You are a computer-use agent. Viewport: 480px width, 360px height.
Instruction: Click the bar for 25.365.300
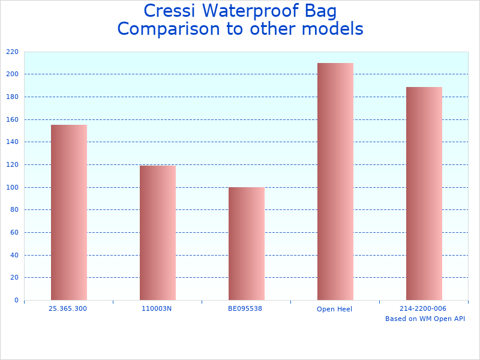pos(69,212)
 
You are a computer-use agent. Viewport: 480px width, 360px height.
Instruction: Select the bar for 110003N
pos(158,233)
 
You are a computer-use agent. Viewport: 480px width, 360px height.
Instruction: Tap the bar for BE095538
pos(247,244)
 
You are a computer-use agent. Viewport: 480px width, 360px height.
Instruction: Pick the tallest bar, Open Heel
pos(335,181)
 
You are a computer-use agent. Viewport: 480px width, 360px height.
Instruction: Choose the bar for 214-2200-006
pos(424,193)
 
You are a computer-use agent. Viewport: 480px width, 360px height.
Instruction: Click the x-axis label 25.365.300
pos(68,308)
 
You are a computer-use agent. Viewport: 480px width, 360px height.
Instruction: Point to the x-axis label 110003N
pos(157,308)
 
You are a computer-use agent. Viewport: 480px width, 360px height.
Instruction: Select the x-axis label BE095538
pos(245,308)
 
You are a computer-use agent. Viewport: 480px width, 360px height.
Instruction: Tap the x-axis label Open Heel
pos(334,309)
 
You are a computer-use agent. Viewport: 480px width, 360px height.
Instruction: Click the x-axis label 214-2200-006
pos(423,308)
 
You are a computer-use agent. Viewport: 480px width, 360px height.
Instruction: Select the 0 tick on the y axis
pos(16,300)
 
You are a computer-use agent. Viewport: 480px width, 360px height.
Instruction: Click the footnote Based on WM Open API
pos(425,319)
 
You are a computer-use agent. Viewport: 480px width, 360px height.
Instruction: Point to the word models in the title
pos(334,29)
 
